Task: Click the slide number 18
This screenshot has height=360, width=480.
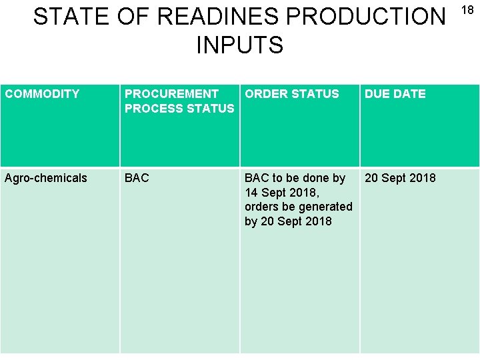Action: (468, 11)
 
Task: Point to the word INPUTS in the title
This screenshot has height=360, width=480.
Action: (240, 46)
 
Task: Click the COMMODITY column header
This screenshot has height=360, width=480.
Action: (42, 94)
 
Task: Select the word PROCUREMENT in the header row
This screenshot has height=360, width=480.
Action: (171, 94)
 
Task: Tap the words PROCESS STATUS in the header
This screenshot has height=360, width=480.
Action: (179, 108)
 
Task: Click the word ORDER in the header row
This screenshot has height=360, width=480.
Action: (265, 94)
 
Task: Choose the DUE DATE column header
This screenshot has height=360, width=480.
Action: (395, 94)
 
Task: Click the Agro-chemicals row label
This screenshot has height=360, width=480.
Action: (46, 178)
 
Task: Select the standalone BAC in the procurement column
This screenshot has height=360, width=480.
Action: (137, 178)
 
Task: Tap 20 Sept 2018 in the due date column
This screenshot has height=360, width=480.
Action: (400, 178)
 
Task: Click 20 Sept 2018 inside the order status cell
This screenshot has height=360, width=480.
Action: (295, 221)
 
